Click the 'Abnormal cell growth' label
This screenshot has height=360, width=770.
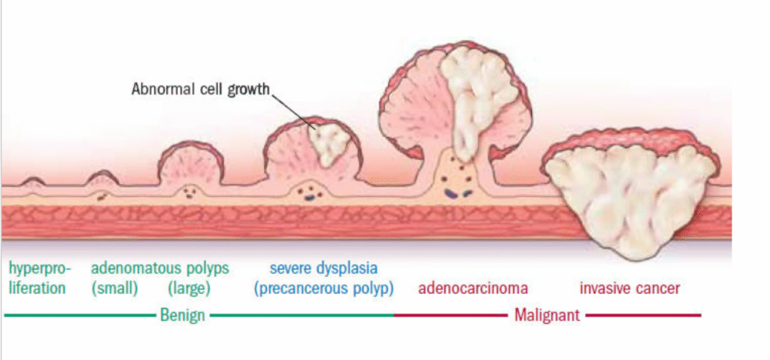pyautogui.click(x=200, y=89)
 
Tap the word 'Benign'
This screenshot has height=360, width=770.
pyautogui.click(x=183, y=315)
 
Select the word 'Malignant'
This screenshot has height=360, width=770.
pyautogui.click(x=547, y=315)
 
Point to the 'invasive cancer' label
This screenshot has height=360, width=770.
pyautogui.click(x=629, y=288)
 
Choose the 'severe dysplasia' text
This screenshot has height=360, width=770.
pyautogui.click(x=323, y=268)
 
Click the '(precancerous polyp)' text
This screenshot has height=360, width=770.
pyautogui.click(x=323, y=289)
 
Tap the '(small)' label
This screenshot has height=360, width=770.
pyautogui.click(x=114, y=289)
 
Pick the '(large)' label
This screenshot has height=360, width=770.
pyautogui.click(x=188, y=289)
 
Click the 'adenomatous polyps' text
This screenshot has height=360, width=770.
pyautogui.click(x=160, y=268)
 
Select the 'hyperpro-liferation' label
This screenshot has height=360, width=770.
pyautogui.click(x=38, y=278)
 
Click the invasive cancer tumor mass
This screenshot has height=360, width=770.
pyautogui.click(x=630, y=195)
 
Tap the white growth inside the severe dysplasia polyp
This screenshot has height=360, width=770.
pyautogui.click(x=327, y=144)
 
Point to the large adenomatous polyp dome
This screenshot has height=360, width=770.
pyautogui.click(x=189, y=162)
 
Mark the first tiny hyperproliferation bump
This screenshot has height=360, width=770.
pyautogui.click(x=34, y=181)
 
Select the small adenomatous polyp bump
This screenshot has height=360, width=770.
pyautogui.click(x=102, y=178)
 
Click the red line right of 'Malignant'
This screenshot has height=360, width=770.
pyautogui.click(x=643, y=316)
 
